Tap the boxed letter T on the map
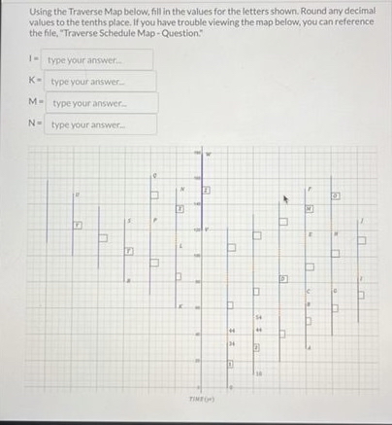(126, 251)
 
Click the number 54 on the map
(259, 317)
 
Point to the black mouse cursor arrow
(285, 202)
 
